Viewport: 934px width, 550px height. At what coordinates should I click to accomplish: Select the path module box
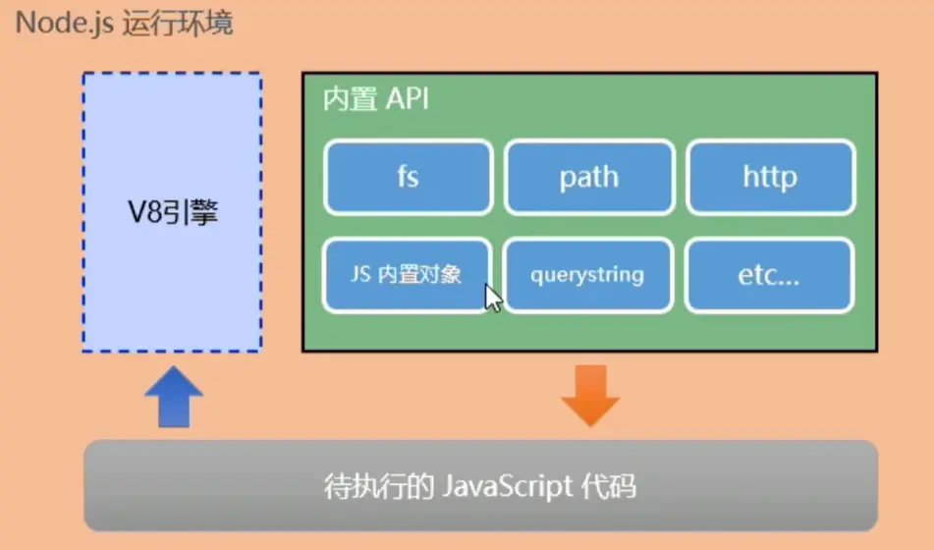coord(589,177)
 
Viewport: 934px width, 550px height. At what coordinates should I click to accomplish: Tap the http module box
coord(770,177)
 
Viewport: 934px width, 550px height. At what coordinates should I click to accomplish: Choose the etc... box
coord(769,275)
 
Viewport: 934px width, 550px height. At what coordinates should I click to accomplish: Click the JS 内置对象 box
coord(406,275)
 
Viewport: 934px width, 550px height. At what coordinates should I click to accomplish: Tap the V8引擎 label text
coord(173,211)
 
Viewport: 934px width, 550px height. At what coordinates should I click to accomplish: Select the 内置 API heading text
coord(376,100)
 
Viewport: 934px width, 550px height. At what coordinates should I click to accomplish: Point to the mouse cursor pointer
coord(491,297)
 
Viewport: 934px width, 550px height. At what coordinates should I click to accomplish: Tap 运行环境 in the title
coord(178,22)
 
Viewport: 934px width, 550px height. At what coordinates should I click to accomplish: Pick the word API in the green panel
coord(406,100)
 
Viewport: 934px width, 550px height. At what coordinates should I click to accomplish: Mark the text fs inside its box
coord(408,178)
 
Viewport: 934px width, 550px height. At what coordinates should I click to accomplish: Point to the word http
coord(770,178)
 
